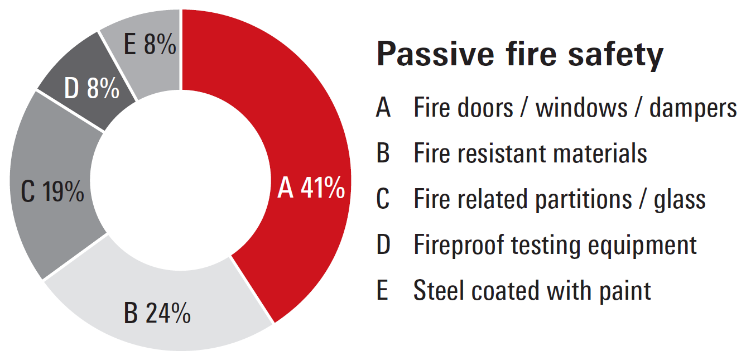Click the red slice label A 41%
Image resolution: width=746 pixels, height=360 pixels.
click(311, 188)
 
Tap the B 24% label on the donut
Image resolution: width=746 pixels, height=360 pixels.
click(157, 313)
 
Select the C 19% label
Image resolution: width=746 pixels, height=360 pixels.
click(52, 191)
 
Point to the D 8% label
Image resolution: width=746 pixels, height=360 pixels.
click(92, 88)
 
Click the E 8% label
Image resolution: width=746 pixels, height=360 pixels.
click(150, 44)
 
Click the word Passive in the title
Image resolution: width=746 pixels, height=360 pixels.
click(435, 54)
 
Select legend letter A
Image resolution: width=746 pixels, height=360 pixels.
click(383, 107)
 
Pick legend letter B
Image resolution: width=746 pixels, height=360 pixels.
click(383, 153)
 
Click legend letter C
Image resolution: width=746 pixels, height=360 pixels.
click(383, 199)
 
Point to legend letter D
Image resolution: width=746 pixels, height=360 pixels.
click(383, 244)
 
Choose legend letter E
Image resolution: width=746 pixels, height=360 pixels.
click(382, 290)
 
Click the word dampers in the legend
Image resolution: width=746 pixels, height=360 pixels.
click(693, 109)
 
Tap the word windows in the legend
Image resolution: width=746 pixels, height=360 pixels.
click(581, 107)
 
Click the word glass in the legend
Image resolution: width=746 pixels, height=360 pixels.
click(680, 200)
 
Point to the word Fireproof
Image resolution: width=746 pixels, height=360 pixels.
click(459, 246)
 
